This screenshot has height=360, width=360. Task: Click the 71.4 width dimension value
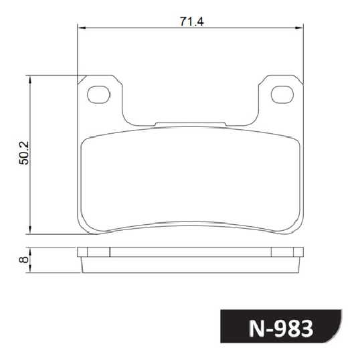[191, 21]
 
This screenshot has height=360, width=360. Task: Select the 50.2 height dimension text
[24, 153]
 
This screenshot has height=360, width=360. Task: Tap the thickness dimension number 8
[24, 260]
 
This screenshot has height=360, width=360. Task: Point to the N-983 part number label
[281, 329]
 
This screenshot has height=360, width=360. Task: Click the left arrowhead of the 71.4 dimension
[82, 28]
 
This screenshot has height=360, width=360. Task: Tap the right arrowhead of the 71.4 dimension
[299, 28]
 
